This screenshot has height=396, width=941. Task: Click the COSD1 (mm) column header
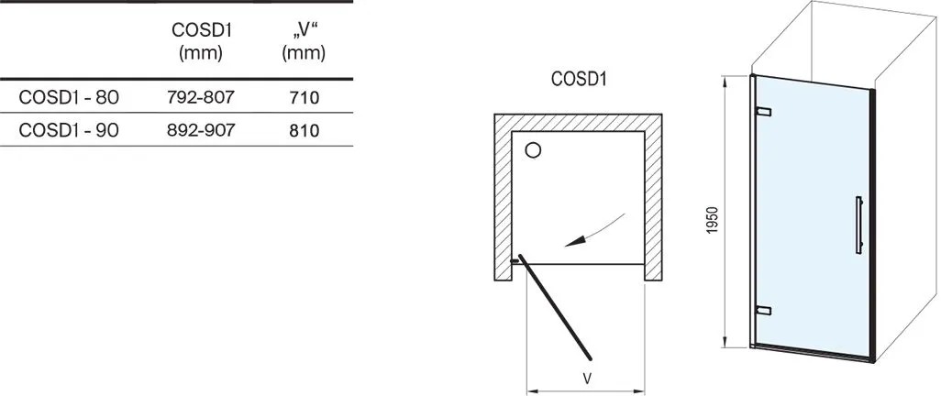pyautogui.click(x=201, y=41)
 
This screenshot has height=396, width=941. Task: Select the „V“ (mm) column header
pyautogui.click(x=304, y=41)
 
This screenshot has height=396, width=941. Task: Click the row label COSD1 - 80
pyautogui.click(x=69, y=97)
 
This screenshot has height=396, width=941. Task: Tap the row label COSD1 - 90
pyautogui.click(x=69, y=130)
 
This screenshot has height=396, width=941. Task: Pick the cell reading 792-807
pyautogui.click(x=201, y=97)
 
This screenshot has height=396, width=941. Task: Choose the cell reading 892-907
pyautogui.click(x=201, y=130)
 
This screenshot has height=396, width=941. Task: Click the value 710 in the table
pyautogui.click(x=304, y=97)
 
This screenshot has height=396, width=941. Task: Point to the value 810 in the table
pyautogui.click(x=304, y=130)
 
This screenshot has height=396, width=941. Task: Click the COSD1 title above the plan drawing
pyautogui.click(x=579, y=79)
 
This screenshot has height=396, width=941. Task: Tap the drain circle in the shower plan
pyautogui.click(x=533, y=150)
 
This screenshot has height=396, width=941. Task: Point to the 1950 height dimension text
pyautogui.click(x=713, y=220)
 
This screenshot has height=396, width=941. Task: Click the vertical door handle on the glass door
pyautogui.click(x=859, y=225)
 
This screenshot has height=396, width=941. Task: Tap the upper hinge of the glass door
pyautogui.click(x=763, y=112)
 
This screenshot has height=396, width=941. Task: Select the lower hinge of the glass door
pyautogui.click(x=763, y=310)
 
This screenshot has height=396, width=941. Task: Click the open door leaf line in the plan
pyautogui.click(x=556, y=308)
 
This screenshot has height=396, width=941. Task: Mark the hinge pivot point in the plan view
pyautogui.click(x=515, y=261)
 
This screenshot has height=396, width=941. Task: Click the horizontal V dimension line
pyautogui.click(x=585, y=390)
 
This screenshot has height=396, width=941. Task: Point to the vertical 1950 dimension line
pyautogui.click(x=726, y=211)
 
